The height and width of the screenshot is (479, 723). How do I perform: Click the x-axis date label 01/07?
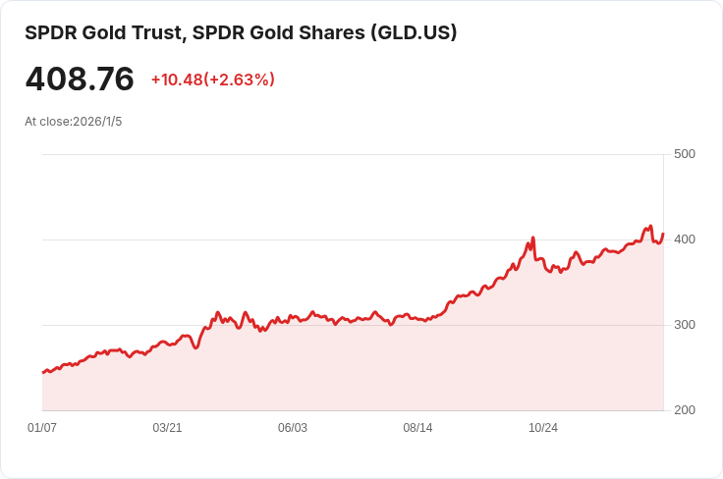tap(42, 428)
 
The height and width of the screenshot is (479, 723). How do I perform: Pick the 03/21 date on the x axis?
tap(167, 428)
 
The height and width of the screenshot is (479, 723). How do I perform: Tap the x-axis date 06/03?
tap(293, 428)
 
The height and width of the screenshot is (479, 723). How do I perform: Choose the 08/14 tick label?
tap(417, 428)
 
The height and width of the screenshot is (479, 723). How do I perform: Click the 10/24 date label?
tap(543, 428)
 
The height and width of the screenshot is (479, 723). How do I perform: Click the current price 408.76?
tap(80, 80)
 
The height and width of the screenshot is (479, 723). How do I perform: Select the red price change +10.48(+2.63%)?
tap(212, 80)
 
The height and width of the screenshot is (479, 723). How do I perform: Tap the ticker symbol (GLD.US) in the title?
tap(413, 32)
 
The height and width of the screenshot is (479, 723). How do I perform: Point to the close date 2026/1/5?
tap(97, 122)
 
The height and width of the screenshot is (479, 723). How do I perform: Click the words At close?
tap(47, 122)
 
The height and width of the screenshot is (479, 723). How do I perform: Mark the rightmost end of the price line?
tap(663, 234)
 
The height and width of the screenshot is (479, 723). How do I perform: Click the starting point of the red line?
tap(42, 373)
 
